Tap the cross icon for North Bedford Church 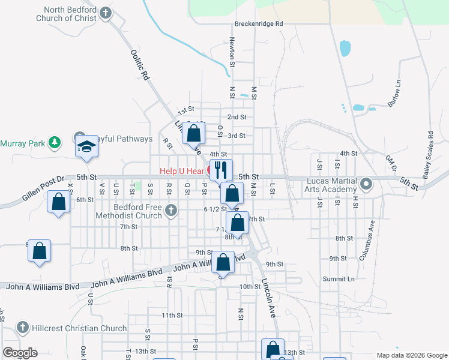[106, 13]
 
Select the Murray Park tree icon [55, 142]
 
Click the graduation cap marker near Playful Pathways [86, 146]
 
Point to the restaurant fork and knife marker [221, 170]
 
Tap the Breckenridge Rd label [258, 24]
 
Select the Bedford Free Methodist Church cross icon [172, 210]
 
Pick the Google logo [19, 353]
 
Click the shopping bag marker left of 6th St [59, 202]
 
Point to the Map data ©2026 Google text [411, 354]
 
